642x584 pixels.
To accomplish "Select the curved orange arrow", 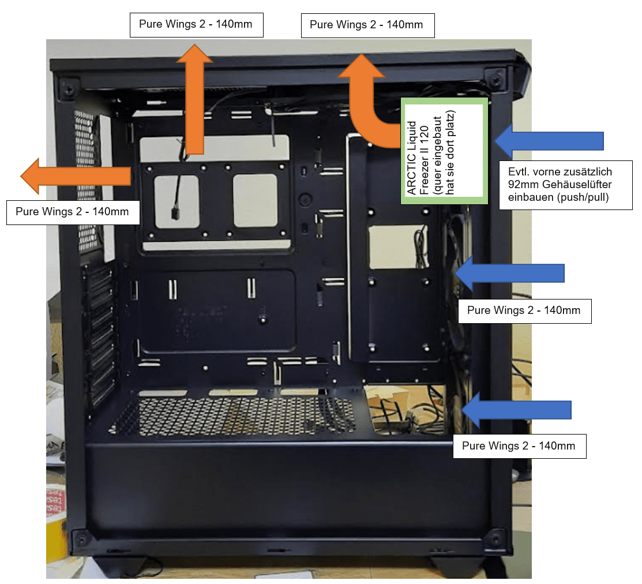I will coord(369,104).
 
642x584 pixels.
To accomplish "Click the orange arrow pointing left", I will coord(75,175).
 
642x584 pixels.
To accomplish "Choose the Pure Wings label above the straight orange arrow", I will coord(196,25).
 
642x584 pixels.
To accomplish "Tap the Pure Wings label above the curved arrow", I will coord(367,25).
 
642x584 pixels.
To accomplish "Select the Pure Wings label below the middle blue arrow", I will coord(524,310).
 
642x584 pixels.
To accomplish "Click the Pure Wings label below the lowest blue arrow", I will coord(519,446).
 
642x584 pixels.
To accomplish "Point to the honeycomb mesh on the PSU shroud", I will coord(231,413).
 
